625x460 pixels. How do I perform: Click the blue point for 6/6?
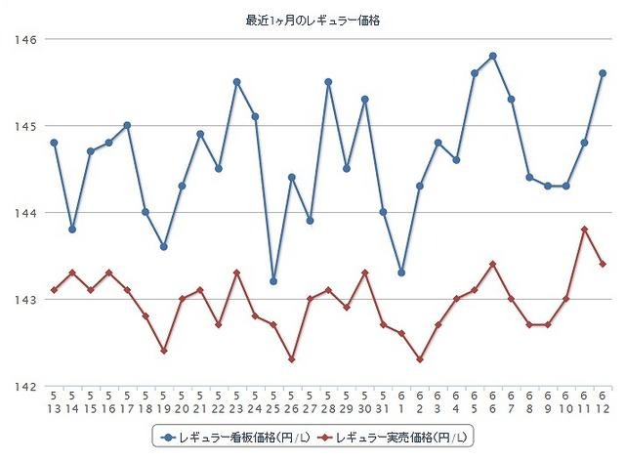493,56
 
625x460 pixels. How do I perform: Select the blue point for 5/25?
273,281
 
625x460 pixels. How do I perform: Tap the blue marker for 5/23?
237,82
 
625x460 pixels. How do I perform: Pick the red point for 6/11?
584,230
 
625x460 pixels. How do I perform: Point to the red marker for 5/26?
292,359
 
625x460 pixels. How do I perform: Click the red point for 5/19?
164,351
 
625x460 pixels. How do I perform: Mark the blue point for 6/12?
603,73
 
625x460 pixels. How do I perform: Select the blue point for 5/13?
55,143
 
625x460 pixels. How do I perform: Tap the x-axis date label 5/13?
55,400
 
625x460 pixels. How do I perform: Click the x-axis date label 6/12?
603,400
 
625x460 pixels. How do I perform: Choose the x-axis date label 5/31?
383,400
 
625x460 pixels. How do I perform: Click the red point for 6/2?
420,359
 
